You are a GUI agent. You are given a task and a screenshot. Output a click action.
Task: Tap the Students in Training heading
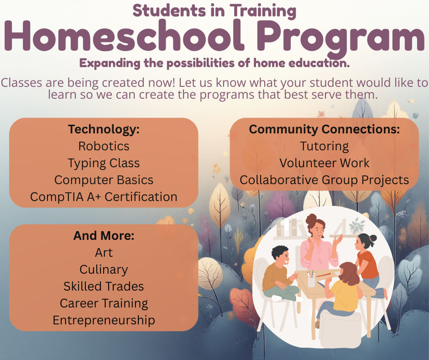pyautogui.click(x=214, y=10)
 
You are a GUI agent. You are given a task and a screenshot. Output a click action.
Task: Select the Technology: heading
pyautogui.click(x=104, y=129)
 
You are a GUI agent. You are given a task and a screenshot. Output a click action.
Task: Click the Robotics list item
pyautogui.click(x=104, y=146)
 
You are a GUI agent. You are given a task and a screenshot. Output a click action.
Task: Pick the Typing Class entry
pyautogui.click(x=104, y=163)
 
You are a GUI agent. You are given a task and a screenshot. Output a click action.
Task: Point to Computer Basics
pyautogui.click(x=104, y=180)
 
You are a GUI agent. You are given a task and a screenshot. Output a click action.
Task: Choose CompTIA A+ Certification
pyautogui.click(x=104, y=197)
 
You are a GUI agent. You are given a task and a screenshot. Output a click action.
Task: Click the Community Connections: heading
pyautogui.click(x=324, y=129)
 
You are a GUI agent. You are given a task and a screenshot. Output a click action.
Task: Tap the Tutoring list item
pyautogui.click(x=324, y=146)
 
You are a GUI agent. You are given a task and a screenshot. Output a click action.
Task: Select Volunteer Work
pyautogui.click(x=324, y=163)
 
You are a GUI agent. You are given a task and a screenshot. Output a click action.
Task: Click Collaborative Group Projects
pyautogui.click(x=324, y=180)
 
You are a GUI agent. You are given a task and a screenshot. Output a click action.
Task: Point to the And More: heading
pyautogui.click(x=104, y=236)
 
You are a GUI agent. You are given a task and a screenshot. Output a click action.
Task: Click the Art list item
pyautogui.click(x=104, y=253)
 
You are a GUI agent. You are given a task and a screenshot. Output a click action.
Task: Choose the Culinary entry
pyautogui.click(x=104, y=270)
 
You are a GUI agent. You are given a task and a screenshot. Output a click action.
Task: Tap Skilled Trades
pyautogui.click(x=104, y=286)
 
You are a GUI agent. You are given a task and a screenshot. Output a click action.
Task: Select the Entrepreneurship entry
pyautogui.click(x=104, y=320)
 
